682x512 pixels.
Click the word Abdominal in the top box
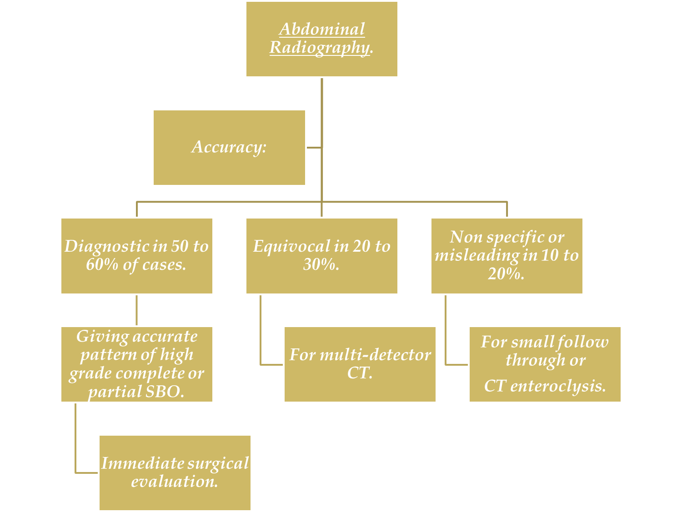coord(322,30)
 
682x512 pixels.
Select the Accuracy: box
coord(229,148)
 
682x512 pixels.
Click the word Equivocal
coord(291,246)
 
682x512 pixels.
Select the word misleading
coord(476,255)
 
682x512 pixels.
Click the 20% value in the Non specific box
coord(506,273)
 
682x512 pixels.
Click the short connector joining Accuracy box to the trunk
coord(314,148)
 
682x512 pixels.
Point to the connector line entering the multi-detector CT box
coord(271,364)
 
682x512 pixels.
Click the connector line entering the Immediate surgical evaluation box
coord(86,473)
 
